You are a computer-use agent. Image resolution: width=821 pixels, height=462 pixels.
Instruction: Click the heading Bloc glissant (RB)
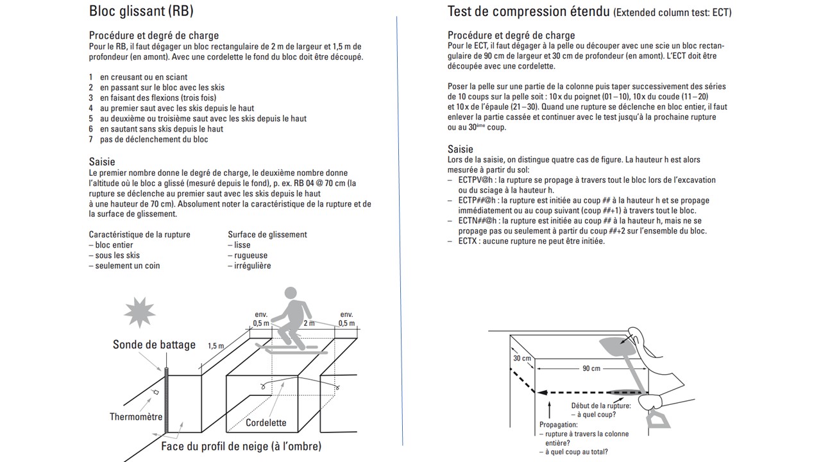(x=141, y=12)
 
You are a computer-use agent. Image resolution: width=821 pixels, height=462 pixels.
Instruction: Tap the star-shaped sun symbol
(x=140, y=313)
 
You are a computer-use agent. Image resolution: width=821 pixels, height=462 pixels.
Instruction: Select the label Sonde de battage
(x=154, y=345)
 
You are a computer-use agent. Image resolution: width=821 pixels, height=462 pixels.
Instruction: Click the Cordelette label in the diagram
(x=266, y=423)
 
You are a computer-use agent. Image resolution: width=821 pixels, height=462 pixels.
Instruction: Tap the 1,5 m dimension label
(x=216, y=346)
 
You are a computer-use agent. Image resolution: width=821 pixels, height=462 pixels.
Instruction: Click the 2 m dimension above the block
(x=309, y=323)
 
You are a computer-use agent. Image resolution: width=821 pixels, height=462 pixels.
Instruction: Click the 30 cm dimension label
(x=522, y=358)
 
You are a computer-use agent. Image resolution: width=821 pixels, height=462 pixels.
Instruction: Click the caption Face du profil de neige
(x=241, y=446)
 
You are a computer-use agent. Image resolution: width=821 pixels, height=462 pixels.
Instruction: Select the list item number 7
(x=91, y=139)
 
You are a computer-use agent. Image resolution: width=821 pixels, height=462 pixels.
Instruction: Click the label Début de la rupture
(x=601, y=406)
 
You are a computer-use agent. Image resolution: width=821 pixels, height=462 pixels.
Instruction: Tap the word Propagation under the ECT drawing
(x=558, y=425)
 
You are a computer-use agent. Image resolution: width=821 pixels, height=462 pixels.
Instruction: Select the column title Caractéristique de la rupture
(x=139, y=235)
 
